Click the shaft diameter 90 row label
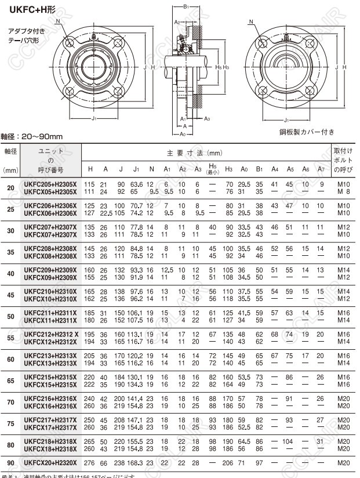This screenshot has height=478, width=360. coord(11,462)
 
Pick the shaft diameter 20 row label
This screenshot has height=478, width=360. coord(11,187)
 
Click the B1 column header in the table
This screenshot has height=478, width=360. coord(259,169)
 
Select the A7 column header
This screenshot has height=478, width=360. coord(321,169)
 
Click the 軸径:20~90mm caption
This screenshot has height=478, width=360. coord(31,137)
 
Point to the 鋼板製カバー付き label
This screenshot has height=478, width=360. coord(307,132)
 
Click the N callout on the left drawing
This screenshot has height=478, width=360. coord(59,21)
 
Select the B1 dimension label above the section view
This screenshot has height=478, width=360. coord(186,7)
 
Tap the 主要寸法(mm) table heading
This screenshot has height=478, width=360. coord(195,153)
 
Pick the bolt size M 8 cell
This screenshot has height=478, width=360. coord(343,191)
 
